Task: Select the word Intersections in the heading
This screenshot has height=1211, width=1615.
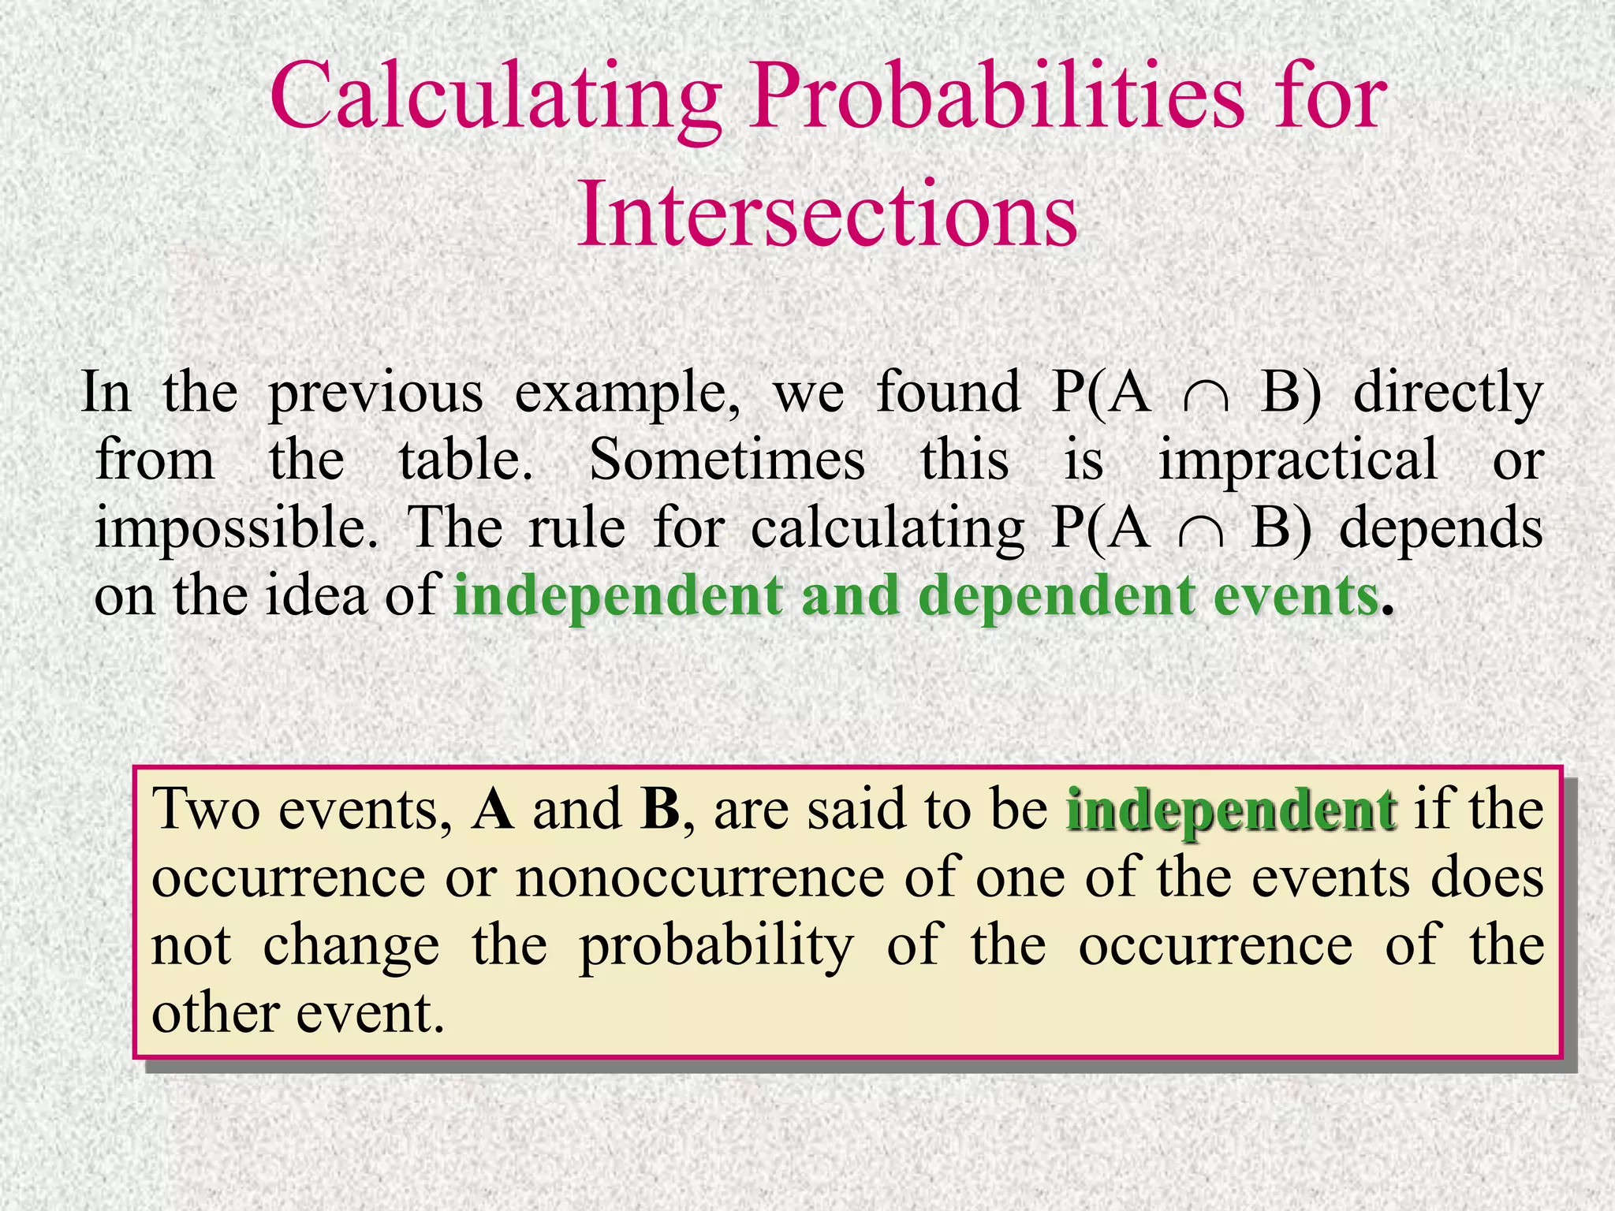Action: pyautogui.click(x=827, y=214)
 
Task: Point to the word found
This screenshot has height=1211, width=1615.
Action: pyautogui.click(x=949, y=392)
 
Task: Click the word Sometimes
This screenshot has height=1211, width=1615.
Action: pyautogui.click(x=727, y=460)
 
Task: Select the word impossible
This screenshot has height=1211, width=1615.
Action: pyautogui.click(x=236, y=529)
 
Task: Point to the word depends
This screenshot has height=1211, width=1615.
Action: pyautogui.click(x=1442, y=529)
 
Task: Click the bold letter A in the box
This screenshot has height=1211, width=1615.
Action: pyautogui.click(x=493, y=810)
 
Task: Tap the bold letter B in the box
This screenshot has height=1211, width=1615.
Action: pyautogui.click(x=660, y=810)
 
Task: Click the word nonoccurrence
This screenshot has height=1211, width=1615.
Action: pyautogui.click(x=700, y=878)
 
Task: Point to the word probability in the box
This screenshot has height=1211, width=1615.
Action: pyautogui.click(x=717, y=947)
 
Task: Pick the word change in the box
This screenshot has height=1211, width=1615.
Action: pyautogui.click(x=351, y=947)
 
